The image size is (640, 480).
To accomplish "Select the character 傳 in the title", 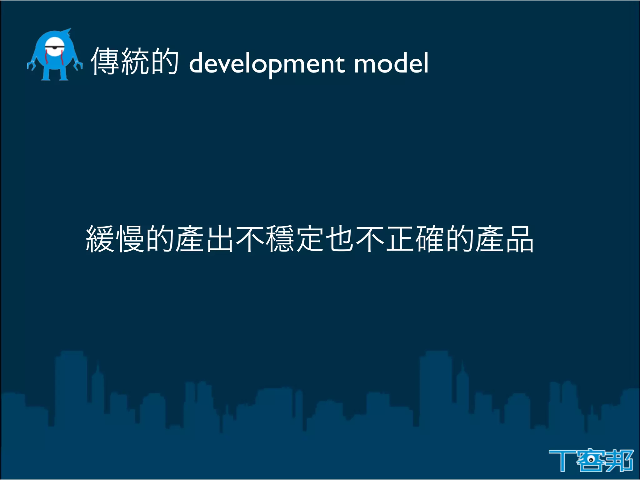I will [x=105, y=61].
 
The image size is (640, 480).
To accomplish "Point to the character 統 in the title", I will [x=135, y=61].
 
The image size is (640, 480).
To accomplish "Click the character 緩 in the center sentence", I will [x=100, y=239].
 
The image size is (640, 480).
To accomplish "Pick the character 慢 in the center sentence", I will [x=130, y=239].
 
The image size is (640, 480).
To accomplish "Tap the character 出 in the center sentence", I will [x=220, y=239].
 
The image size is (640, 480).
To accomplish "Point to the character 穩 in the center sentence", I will [x=280, y=239].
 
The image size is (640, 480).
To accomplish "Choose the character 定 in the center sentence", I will [x=310, y=239].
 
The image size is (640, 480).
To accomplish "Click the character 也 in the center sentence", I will [x=340, y=239].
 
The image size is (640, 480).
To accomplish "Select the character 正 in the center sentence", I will [x=400, y=239].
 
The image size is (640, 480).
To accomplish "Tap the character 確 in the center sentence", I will [x=430, y=239].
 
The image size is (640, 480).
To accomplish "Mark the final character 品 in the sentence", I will [x=520, y=239].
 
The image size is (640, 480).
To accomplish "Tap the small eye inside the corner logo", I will [x=591, y=459].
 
